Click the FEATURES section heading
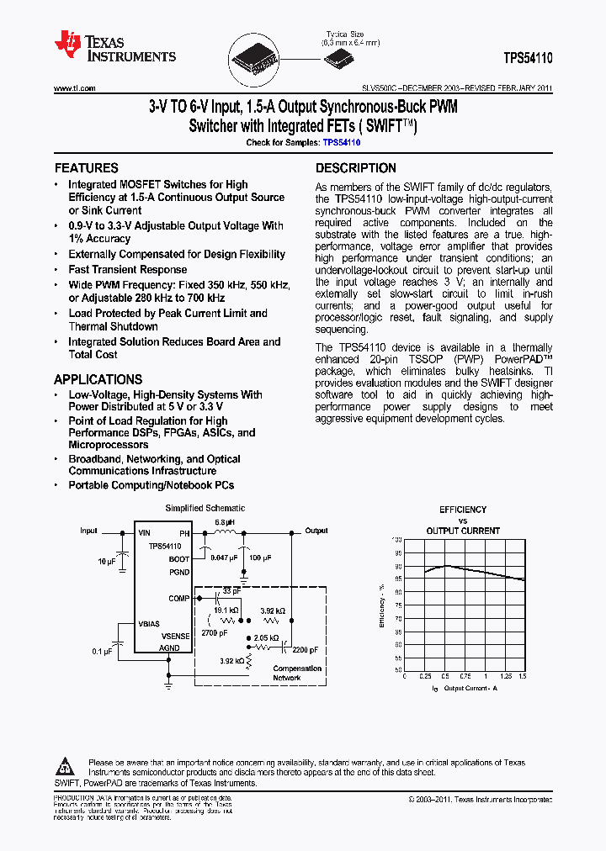tap(87, 168)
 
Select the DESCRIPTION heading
tap(355, 168)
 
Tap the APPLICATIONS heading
tap(98, 379)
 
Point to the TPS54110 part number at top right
tap(528, 61)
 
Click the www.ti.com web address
tap(74, 88)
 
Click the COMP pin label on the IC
tap(179, 598)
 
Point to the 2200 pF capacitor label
tap(306, 649)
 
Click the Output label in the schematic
tap(316, 531)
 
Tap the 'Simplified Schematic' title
tap(205, 508)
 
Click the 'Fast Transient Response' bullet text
tap(128, 270)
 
